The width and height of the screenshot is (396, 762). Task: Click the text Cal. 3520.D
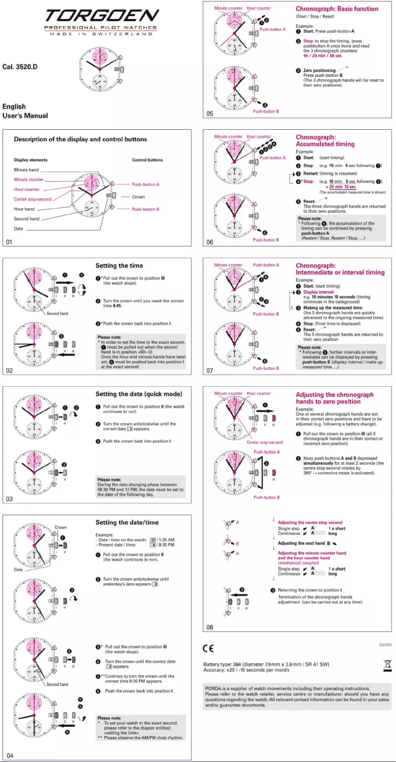(20, 67)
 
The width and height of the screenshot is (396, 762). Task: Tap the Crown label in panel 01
(139, 196)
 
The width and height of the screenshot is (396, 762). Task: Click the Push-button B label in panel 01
(145, 209)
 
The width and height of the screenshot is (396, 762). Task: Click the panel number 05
(210, 114)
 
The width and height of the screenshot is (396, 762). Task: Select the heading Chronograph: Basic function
(337, 9)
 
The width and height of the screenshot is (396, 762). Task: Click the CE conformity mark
(208, 648)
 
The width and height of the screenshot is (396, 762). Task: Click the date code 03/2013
(385, 645)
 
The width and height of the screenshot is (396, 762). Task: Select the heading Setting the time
(119, 266)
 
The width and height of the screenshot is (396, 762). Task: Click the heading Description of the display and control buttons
(80, 139)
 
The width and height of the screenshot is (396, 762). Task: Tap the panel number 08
(210, 627)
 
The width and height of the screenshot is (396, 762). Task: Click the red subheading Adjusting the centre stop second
(310, 522)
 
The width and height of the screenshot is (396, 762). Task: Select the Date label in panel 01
(19, 229)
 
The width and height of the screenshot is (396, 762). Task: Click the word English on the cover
(14, 106)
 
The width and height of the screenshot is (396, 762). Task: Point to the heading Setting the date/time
(127, 522)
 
